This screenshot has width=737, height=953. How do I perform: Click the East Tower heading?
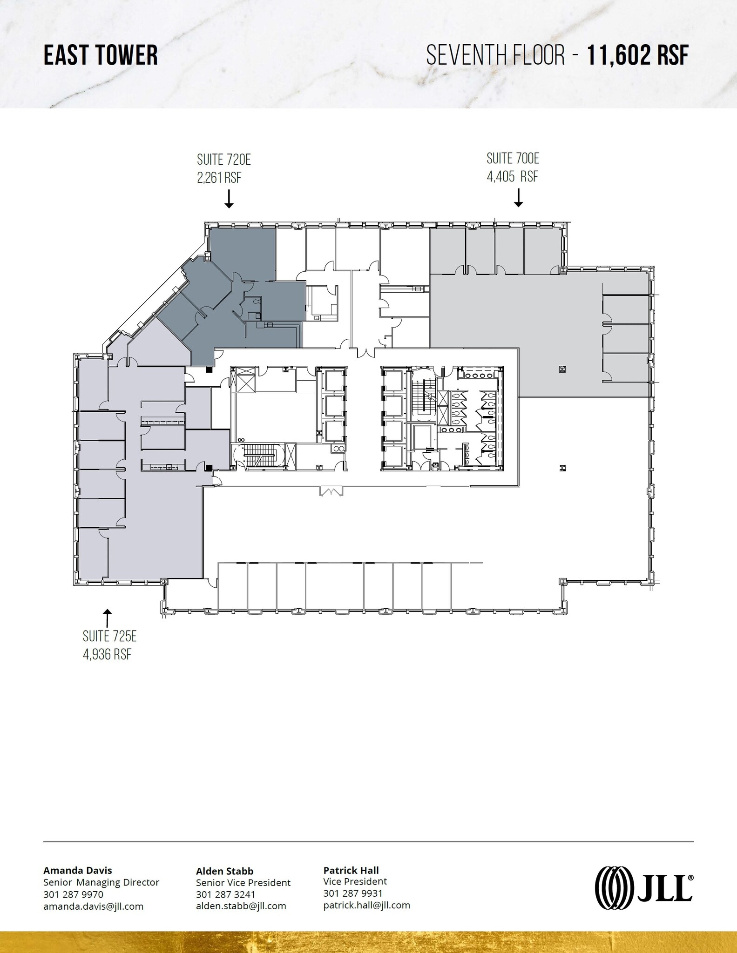click(101, 55)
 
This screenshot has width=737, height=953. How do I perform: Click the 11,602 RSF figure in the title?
click(637, 55)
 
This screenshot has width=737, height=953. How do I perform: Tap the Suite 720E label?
click(224, 160)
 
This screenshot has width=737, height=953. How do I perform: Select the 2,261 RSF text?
click(219, 178)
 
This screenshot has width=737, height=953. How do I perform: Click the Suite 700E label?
click(513, 159)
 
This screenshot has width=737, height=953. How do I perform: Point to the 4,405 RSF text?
click(512, 177)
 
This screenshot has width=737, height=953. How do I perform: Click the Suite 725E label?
click(109, 636)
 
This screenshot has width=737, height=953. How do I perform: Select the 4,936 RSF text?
click(107, 654)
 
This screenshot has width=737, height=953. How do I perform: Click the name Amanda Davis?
click(78, 870)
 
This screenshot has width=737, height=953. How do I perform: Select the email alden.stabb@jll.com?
click(241, 906)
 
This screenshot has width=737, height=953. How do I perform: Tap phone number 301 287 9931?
click(352, 893)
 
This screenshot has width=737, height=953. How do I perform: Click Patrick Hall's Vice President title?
click(355, 881)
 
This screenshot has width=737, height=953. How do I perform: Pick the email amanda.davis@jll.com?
click(93, 906)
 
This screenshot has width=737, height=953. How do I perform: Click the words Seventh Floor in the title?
click(495, 55)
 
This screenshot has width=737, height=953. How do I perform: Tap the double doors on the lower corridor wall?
click(331, 491)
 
